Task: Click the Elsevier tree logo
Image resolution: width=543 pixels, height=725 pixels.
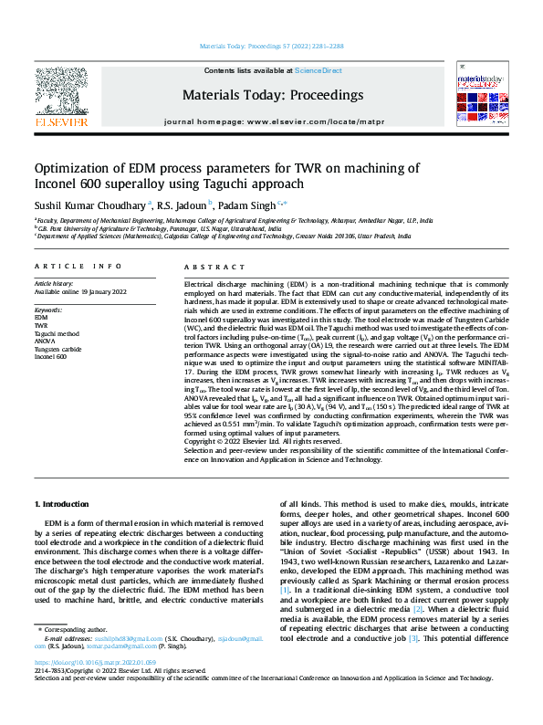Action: tap(61, 90)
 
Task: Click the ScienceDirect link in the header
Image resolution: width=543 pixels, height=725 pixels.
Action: tap(318, 70)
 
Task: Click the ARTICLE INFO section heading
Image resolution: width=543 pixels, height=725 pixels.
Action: tap(78, 267)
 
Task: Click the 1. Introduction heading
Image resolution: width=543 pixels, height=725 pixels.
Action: tap(62, 504)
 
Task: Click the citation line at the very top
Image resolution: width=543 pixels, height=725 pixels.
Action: tap(271, 45)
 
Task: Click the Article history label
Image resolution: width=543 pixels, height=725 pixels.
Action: tap(55, 284)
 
